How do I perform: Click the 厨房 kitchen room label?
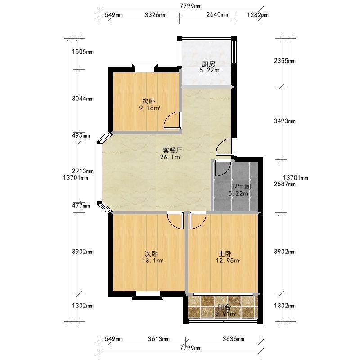click(x=208, y=63)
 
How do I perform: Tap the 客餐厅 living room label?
click(x=172, y=150)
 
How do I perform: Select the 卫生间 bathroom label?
click(x=241, y=187)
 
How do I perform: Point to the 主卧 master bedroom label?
click(x=225, y=254)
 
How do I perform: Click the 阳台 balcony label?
click(x=224, y=307)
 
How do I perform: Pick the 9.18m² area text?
click(x=150, y=108)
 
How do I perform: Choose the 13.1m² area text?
click(x=153, y=261)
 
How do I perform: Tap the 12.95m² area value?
click(x=228, y=261)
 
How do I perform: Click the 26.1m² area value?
click(x=171, y=157)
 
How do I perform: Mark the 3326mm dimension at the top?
click(x=155, y=15)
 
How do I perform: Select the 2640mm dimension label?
click(x=217, y=14)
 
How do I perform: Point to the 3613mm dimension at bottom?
click(x=159, y=339)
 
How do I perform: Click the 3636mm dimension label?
click(x=234, y=339)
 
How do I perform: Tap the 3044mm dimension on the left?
click(x=83, y=99)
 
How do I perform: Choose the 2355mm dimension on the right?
click(x=285, y=61)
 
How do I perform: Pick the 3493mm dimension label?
click(x=285, y=121)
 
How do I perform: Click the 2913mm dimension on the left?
click(x=83, y=171)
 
